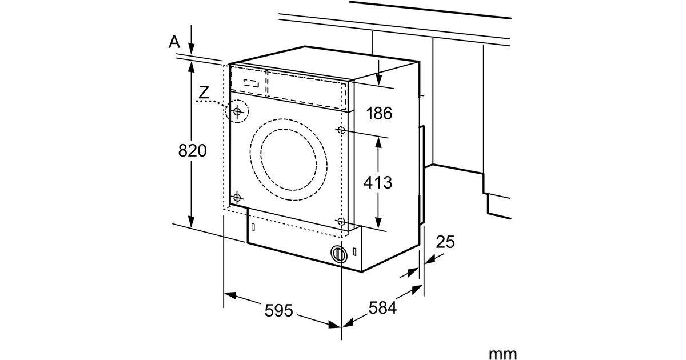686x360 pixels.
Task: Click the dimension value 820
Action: point(192,151)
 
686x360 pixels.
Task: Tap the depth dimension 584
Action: point(382,309)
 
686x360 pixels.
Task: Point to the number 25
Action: point(445,242)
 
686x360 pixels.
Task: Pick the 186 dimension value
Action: point(380,113)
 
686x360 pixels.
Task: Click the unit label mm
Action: point(502,354)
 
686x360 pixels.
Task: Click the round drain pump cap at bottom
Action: point(338,254)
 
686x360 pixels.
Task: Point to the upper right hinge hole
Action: point(341,130)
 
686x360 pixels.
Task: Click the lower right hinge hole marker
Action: point(341,221)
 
